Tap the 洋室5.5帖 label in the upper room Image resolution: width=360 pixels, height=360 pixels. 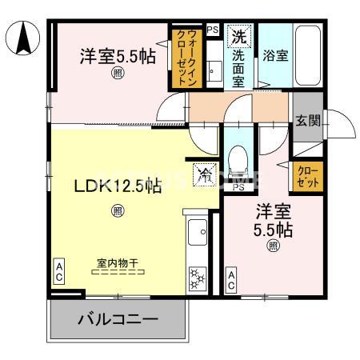118,58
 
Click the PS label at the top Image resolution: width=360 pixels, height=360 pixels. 212,30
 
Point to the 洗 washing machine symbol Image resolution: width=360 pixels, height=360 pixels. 239,36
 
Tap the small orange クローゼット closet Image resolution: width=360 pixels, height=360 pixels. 308,176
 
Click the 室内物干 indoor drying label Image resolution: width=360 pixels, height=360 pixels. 118,262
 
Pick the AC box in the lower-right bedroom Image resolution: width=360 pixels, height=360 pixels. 230,279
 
